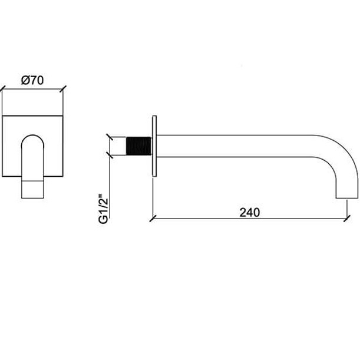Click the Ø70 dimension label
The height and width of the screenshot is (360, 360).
coord(32,80)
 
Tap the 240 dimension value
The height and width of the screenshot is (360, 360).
coord(250,212)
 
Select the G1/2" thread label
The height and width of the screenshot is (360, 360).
coord(103,209)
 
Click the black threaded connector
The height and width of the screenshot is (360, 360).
coord(138,146)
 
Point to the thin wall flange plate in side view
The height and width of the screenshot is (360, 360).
coord(154,146)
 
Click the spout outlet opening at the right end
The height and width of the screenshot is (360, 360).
coord(347,198)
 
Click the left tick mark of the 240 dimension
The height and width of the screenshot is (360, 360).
coord(153,219)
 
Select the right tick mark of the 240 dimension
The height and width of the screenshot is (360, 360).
coord(347,219)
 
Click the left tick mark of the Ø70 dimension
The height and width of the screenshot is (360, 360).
coord(2,89)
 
